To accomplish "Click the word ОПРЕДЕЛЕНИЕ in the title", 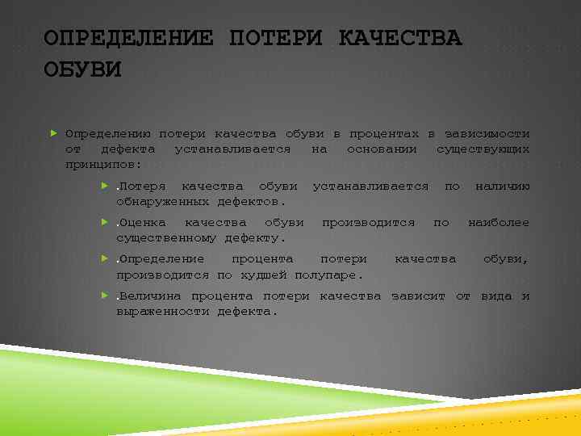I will tap(128, 38).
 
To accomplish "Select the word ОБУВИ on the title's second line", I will tap(82, 70).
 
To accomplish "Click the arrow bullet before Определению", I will tap(53, 133).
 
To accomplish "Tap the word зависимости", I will tap(487, 133).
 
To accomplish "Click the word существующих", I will tap(483, 149).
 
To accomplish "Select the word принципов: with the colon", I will tap(103, 164).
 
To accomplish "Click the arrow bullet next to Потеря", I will tap(104, 187).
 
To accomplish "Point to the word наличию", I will tap(502, 187).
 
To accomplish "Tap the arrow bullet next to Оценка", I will tap(104, 222).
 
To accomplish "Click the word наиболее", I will tap(499, 222).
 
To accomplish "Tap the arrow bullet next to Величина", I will tap(104, 296).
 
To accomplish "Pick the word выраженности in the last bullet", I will tap(164, 311).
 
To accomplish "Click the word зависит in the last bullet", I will tap(418, 296).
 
